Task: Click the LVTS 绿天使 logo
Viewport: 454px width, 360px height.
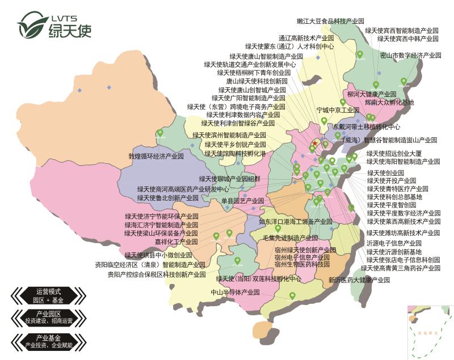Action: point(54,24)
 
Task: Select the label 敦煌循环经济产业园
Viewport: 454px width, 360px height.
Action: point(156,155)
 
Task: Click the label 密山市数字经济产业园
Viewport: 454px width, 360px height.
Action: point(410,56)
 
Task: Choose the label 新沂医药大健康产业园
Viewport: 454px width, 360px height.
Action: point(361,279)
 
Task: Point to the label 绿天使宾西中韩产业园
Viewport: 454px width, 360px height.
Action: point(407,39)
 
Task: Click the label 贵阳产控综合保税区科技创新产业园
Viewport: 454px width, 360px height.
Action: point(157,274)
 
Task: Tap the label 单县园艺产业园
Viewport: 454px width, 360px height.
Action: point(243,201)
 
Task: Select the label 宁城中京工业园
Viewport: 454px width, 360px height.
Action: point(338,109)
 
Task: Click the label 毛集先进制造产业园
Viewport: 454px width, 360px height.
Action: point(291,238)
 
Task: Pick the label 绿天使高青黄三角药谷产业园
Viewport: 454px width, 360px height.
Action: point(401,268)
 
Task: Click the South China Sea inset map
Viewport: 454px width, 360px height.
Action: point(430,331)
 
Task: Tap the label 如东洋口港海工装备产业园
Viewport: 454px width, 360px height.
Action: point(296,221)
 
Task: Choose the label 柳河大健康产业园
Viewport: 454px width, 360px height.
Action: point(372,94)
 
